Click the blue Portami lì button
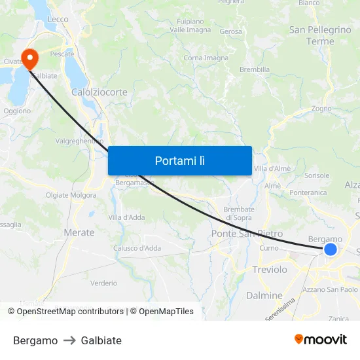coord(179,160)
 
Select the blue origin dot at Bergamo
coord(331,249)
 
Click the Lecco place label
coord(58,20)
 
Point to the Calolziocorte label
coord(99,92)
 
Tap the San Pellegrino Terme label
coord(320,35)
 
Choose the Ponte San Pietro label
coord(247,234)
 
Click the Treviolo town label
coord(269,270)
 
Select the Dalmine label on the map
coord(264,295)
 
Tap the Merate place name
coord(79,232)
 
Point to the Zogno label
coord(321,109)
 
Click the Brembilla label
coord(255,69)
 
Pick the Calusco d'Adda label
coord(137,248)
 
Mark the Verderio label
coord(104,283)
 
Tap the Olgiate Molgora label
coord(71,195)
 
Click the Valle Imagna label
coord(190,30)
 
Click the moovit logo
coord(320,339)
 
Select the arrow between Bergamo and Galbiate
coord(69,340)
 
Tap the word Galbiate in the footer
coord(101,340)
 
